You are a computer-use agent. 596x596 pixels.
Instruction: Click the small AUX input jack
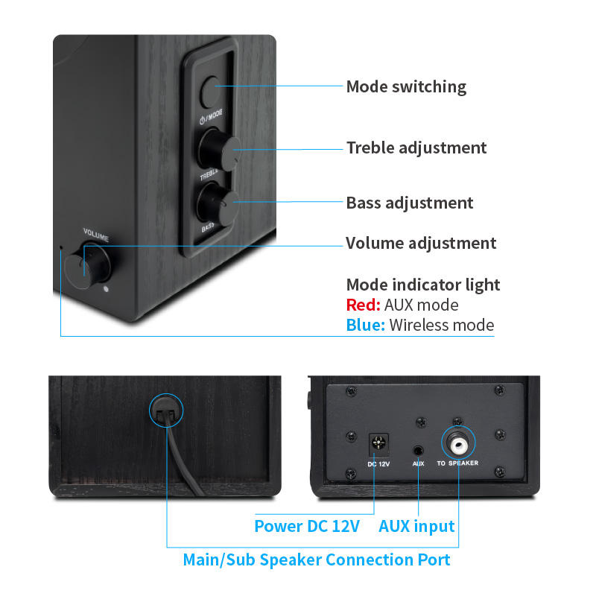(419, 450)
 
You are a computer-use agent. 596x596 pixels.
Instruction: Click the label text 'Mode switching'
(406, 87)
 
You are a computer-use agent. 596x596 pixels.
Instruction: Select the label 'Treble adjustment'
(416, 148)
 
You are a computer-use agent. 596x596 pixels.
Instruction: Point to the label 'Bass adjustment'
(410, 203)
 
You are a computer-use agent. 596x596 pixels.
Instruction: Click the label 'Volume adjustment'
(421, 243)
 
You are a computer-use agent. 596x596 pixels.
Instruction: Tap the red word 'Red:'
(364, 305)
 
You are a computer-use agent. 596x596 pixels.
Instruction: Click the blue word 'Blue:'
(365, 325)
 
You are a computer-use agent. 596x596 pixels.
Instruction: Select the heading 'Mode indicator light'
(423, 285)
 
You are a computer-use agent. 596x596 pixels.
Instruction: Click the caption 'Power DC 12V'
(307, 526)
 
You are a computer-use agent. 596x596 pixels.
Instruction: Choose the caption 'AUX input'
(416, 526)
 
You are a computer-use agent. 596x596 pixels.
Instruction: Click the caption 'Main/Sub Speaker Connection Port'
(317, 559)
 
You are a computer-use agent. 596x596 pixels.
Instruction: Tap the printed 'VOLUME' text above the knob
(96, 238)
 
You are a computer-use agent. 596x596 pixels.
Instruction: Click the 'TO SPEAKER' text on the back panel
(457, 463)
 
